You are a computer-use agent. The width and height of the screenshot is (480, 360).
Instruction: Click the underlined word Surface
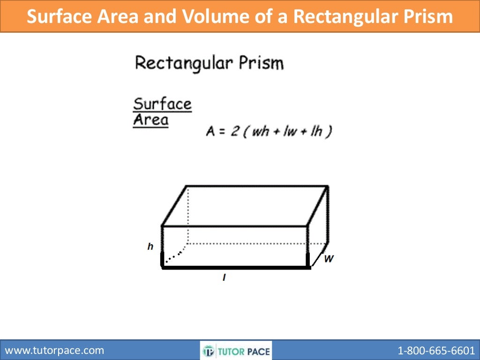click(x=163, y=104)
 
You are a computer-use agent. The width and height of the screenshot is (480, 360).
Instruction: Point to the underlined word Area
click(x=150, y=120)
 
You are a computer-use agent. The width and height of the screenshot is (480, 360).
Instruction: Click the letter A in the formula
click(x=210, y=132)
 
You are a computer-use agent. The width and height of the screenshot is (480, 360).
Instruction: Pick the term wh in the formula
click(x=260, y=132)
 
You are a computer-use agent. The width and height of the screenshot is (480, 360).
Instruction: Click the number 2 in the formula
click(x=234, y=132)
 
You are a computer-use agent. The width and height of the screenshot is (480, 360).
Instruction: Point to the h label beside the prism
click(x=150, y=247)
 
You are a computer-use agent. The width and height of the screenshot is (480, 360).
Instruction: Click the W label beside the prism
click(x=329, y=258)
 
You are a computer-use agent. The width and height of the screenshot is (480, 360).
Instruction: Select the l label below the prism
click(x=225, y=278)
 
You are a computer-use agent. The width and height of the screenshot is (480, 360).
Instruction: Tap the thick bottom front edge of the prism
click(x=234, y=268)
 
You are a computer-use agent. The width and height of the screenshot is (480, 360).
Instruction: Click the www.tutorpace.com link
click(x=54, y=350)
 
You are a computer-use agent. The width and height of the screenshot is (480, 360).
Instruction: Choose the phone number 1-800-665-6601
click(x=436, y=350)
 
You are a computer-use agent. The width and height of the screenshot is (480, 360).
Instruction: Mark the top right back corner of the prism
click(x=327, y=186)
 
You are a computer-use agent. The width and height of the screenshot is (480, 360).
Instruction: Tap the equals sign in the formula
click(x=222, y=132)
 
